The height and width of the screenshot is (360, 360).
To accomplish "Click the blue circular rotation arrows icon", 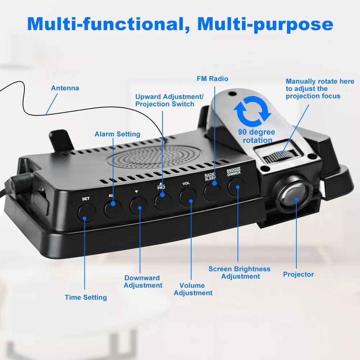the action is coord(252,111).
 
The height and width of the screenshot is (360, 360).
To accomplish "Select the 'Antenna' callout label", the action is coord(65,88).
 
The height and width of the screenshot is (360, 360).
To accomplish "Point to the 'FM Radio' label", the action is coord(213,79).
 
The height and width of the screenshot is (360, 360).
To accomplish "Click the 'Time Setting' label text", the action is coord(86,297).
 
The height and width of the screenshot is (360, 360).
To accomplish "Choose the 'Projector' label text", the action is coord(298,274).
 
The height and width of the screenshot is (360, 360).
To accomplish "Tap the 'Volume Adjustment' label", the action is coord(193,289).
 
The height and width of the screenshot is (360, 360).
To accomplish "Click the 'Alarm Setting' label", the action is coord(117,134).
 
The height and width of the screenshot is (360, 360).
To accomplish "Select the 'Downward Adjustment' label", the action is coord(143,282).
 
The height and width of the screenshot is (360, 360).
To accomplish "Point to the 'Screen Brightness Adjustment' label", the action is coord(240,273).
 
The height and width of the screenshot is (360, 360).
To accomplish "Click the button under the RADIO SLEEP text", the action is coord(213,192).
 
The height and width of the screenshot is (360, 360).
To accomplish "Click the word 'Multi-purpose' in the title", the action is coord(265,24).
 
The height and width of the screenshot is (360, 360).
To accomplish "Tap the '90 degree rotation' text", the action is coord(256,136).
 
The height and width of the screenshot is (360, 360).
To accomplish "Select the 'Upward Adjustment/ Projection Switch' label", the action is coord(169,100).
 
